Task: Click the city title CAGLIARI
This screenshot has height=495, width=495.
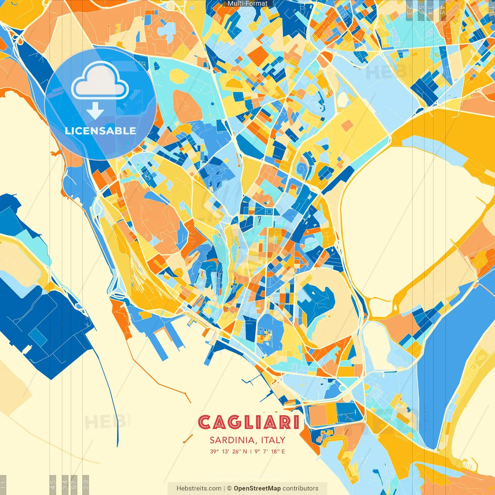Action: tap(249, 422)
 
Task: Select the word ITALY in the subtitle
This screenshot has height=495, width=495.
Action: tap(273, 440)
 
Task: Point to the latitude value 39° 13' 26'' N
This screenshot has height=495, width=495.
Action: tap(228, 451)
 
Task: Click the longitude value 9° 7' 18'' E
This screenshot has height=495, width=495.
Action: tap(270, 451)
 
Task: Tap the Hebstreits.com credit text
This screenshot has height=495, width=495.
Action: tap(199, 488)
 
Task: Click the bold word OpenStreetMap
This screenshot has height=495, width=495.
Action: tap(257, 488)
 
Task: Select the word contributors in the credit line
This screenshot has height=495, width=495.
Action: tap(300, 488)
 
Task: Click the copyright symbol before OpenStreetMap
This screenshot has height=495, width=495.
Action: tap(229, 488)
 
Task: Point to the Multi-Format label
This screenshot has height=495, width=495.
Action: tap(247, 3)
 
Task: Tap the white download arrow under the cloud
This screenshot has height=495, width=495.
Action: tap(95, 111)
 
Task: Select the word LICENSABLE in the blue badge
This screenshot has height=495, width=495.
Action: tap(100, 131)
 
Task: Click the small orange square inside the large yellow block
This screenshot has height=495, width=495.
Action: tap(347, 125)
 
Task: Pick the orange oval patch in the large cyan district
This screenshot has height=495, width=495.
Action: tap(187, 106)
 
